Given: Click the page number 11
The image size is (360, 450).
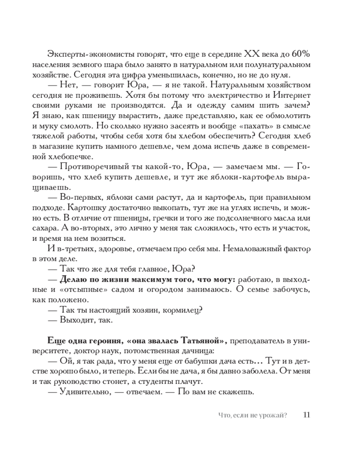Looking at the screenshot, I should point(306,414).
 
